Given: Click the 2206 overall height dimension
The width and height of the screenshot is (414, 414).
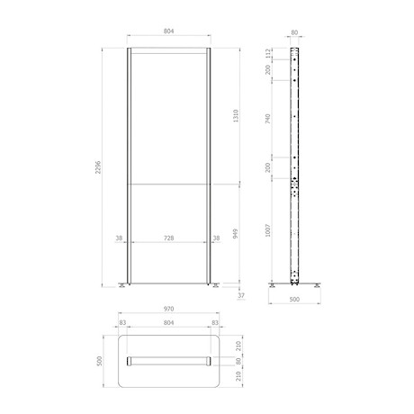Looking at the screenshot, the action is click(98, 167).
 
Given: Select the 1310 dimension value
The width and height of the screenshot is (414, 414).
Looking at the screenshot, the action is click(236, 116).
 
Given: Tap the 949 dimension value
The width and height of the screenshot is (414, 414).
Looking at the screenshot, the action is click(236, 234).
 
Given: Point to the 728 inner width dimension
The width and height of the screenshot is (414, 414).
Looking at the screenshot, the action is click(169, 238).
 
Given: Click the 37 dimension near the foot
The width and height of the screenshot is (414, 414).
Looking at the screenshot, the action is click(241, 295).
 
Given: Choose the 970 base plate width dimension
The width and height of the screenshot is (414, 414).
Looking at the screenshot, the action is click(169, 309).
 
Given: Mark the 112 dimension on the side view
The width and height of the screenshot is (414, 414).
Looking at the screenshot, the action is click(268, 53).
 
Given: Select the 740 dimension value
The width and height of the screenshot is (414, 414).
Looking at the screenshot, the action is click(268, 119).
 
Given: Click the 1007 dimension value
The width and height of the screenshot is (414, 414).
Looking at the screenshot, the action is click(268, 230).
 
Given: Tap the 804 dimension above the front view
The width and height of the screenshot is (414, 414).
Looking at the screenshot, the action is click(169, 31).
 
